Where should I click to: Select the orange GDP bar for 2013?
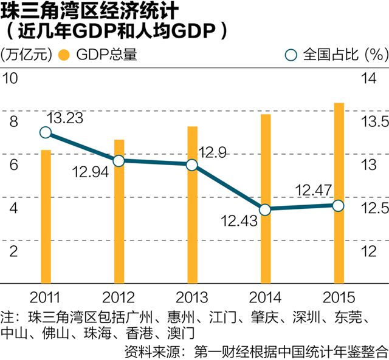point(192,206)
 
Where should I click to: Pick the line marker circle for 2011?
point(46,133)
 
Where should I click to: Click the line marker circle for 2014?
point(265,209)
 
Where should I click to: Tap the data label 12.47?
point(312,191)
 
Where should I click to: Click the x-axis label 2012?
point(119,299)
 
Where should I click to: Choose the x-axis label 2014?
point(265,299)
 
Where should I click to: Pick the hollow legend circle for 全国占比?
point(291,55)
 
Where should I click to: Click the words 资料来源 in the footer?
point(151,350)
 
